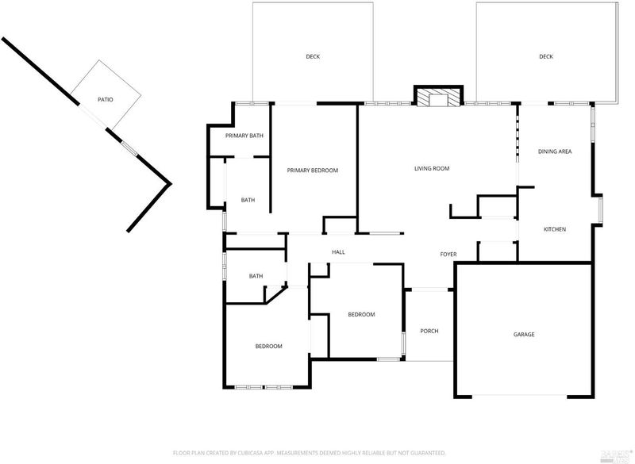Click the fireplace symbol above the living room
438,96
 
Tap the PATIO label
106,99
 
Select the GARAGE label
524,335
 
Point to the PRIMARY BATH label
244,136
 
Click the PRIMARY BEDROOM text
313,171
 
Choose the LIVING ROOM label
432,168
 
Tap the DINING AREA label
555,151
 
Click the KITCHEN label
555,229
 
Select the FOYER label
448,255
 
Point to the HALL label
339,252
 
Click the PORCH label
429,331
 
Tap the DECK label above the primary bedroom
313,56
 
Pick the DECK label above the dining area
546,56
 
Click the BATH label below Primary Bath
248,200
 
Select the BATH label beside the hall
256,276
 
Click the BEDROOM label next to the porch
362,314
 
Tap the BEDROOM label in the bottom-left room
269,347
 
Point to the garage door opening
520,396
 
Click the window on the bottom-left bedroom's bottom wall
264,387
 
